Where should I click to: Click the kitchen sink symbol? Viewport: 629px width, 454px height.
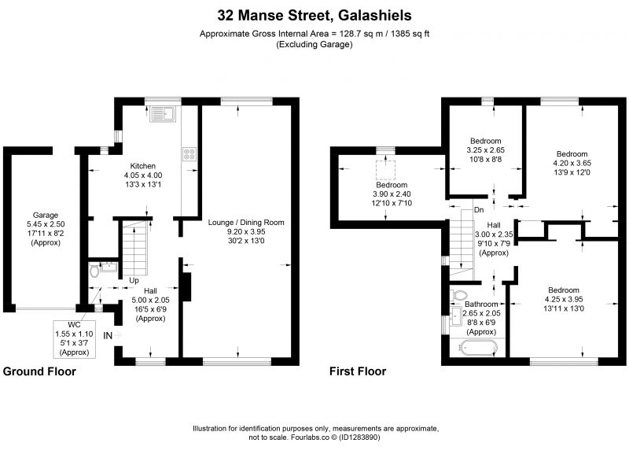tap(163, 113)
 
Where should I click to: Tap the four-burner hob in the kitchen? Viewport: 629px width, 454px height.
tap(189, 154)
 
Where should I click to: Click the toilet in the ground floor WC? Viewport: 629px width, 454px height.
tap(94, 271)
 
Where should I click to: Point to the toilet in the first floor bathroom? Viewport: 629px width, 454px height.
tap(458, 295)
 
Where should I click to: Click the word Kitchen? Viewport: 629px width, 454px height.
tap(143, 166)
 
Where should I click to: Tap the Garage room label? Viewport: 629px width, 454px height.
tap(46, 215)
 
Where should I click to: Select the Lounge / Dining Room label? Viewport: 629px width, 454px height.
tap(246, 223)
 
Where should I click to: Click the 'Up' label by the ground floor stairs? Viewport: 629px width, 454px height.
tap(134, 280)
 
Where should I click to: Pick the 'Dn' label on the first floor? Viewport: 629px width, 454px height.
tap(479, 210)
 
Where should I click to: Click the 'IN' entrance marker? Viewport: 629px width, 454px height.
tap(108, 336)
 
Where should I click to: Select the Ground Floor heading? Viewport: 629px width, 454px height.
tap(39, 371)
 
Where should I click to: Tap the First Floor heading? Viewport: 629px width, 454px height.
tap(358, 371)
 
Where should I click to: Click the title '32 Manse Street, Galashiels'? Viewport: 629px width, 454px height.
tap(314, 15)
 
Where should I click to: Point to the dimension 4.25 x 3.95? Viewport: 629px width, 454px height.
tap(564, 299)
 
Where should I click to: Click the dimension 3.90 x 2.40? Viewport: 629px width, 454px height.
tap(392, 194)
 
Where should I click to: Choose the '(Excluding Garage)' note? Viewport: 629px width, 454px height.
tap(314, 45)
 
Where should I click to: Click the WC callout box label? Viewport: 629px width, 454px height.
tap(74, 325)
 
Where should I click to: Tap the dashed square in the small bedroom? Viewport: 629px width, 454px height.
tap(385, 170)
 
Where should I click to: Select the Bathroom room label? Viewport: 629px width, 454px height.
tap(481, 305)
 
